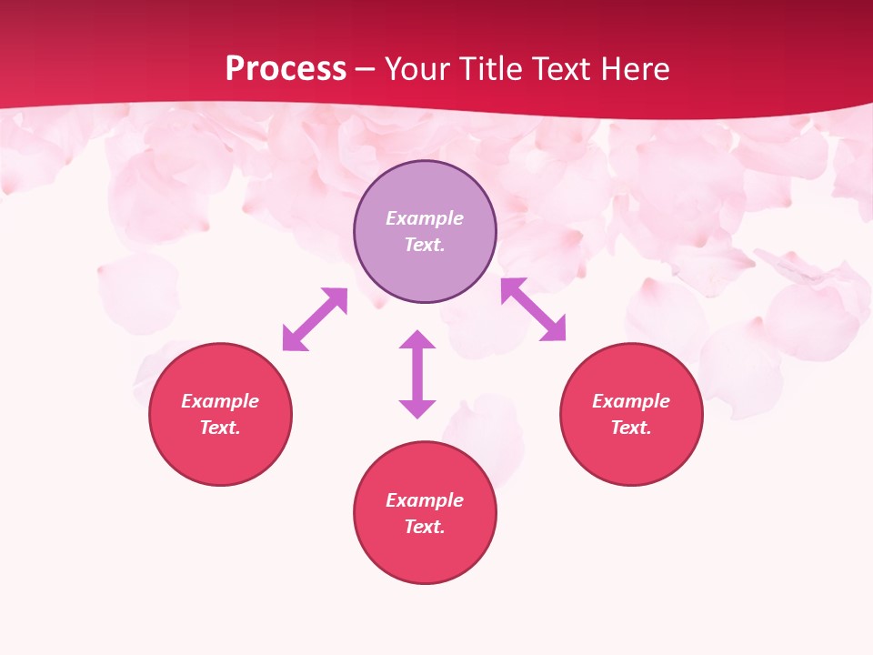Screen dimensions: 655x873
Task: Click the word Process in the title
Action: [286, 69]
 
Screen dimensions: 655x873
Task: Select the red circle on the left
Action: [220, 455]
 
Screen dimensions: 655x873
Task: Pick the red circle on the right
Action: [631, 455]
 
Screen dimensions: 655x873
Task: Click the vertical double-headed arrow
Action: [417, 374]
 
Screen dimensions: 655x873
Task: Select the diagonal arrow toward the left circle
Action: [315, 319]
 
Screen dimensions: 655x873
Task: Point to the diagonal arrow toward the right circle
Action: [534, 309]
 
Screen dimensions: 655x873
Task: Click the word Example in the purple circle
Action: [425, 218]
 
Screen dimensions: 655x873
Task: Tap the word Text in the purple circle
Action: [425, 245]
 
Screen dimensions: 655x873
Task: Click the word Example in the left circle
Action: [220, 401]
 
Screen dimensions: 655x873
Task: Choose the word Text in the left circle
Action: [220, 428]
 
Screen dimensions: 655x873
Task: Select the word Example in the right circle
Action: [631, 401]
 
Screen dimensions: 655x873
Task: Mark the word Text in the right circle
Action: [631, 428]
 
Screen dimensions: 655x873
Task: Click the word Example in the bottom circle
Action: [425, 500]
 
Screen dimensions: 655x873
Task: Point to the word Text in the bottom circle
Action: [425, 527]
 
